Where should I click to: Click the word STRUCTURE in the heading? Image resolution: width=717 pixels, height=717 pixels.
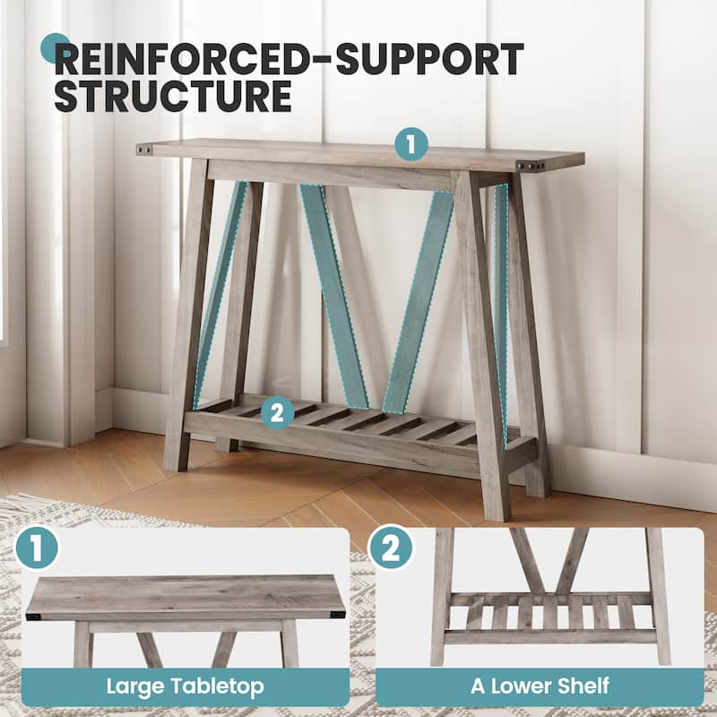point(173,96)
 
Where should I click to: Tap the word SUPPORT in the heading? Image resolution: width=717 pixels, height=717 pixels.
point(430,59)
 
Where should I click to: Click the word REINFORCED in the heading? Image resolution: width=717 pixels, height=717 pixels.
point(182,59)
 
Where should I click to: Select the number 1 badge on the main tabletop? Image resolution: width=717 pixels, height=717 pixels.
point(411,144)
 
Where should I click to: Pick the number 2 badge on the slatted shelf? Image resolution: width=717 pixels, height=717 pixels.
point(278,412)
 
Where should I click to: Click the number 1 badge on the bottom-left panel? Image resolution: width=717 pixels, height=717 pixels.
point(37,548)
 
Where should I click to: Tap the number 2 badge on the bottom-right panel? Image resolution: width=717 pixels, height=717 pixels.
point(390,548)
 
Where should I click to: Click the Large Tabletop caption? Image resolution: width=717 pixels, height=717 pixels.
point(186,686)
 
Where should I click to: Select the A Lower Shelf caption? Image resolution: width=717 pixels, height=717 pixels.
point(540,686)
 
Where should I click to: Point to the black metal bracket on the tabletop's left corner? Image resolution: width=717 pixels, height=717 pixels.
point(144,150)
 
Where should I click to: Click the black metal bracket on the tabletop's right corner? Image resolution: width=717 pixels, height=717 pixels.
point(531,166)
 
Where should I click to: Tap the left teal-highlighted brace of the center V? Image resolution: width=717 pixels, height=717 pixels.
point(333,295)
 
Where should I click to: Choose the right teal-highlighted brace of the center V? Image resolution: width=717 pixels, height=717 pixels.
point(419,302)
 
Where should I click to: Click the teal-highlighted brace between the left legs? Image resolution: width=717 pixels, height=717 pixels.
point(220,295)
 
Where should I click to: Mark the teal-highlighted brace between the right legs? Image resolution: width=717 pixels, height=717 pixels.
point(502,315)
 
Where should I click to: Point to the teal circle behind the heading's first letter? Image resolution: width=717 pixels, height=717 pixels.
point(55,48)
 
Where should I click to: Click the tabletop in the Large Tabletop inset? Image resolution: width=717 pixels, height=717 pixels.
point(186,597)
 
